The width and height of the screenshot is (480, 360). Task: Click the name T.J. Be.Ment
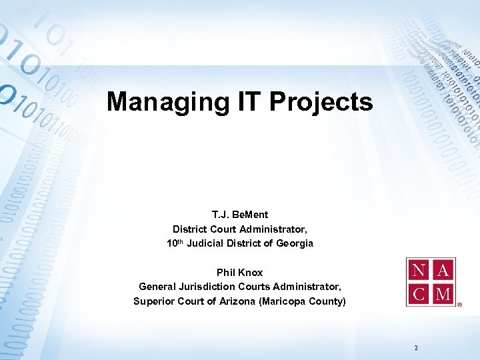coord(240,215)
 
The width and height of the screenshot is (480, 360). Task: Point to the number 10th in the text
coord(175,243)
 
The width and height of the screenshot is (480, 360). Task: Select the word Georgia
coord(294,243)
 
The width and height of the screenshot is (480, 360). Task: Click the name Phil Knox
coord(240,273)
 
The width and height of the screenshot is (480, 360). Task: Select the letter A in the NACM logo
coord(443,271)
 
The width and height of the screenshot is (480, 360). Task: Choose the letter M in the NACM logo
coord(443,293)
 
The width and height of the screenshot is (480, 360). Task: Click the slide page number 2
coord(416,348)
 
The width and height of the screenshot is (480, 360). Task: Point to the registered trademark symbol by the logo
coord(459,307)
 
